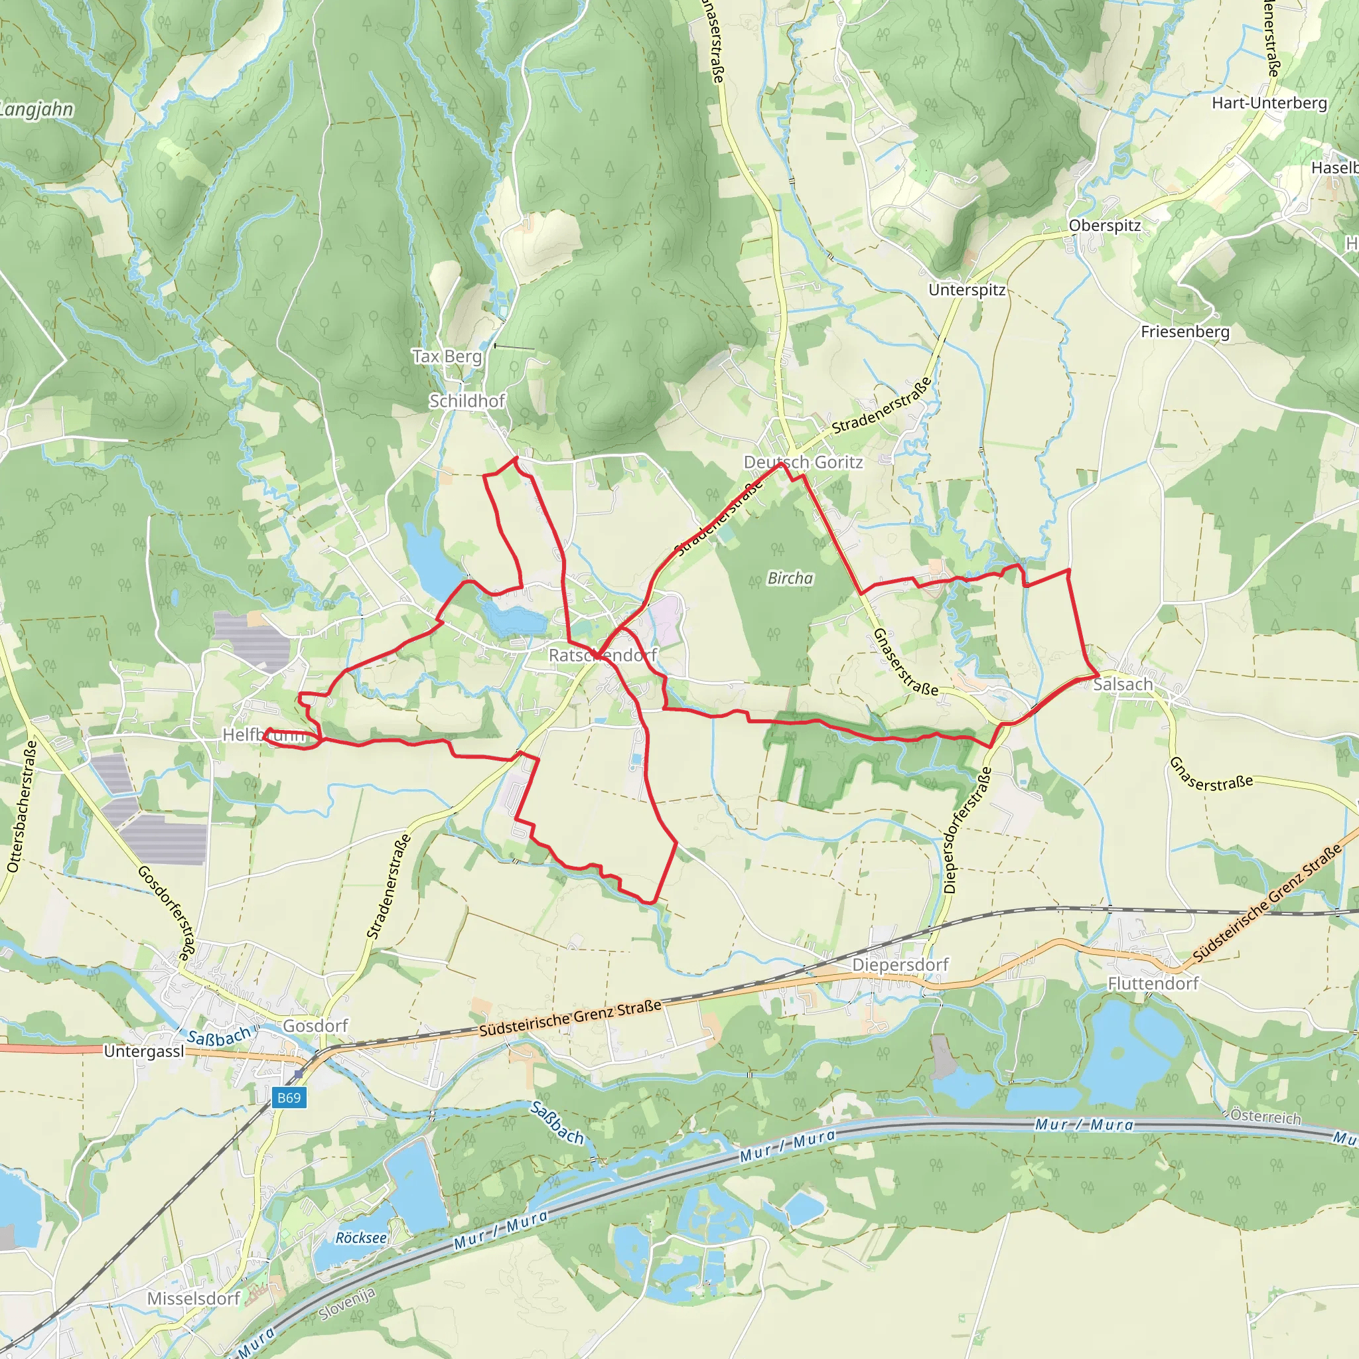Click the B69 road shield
(x=289, y=1098)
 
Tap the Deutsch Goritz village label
(x=803, y=462)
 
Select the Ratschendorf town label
(x=602, y=655)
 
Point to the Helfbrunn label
(x=264, y=735)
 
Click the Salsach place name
(x=1123, y=684)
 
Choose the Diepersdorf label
(x=900, y=964)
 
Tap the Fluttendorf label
(x=1153, y=983)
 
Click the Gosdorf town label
(x=315, y=1026)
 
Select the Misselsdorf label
(x=194, y=1299)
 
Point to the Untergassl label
(x=143, y=1052)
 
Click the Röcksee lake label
(x=361, y=1238)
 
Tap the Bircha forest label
(x=790, y=578)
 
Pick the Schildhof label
(x=467, y=401)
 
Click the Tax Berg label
(x=447, y=356)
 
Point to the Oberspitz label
(x=1104, y=226)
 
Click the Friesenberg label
(x=1185, y=331)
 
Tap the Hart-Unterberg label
(x=1269, y=104)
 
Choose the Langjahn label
(x=36, y=109)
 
